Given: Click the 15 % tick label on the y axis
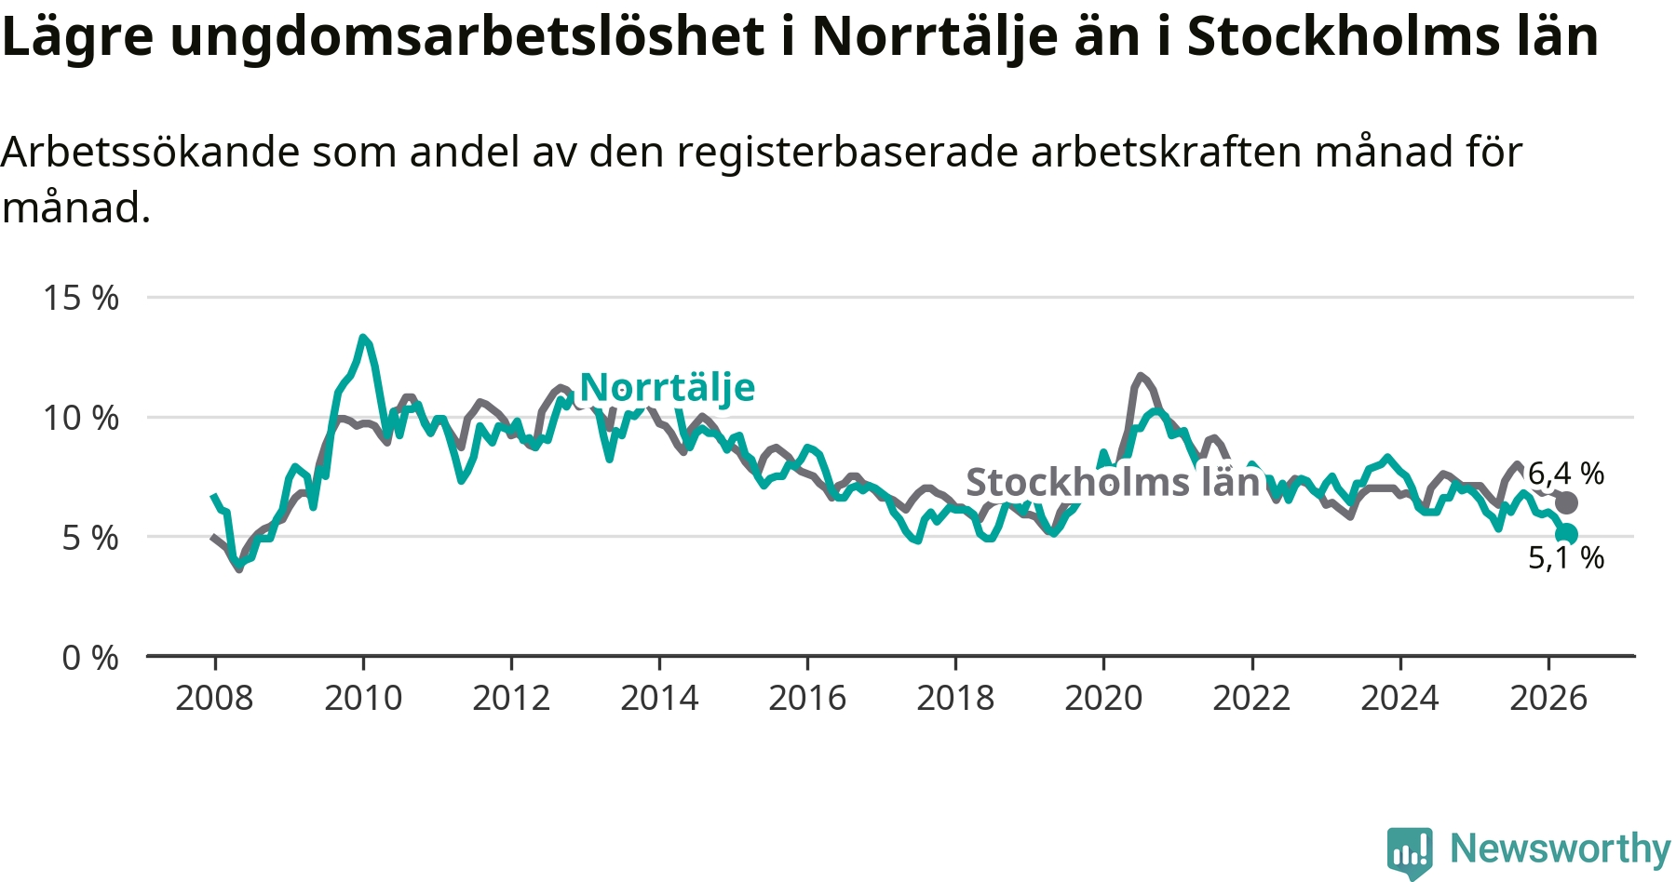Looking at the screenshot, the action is (81, 298).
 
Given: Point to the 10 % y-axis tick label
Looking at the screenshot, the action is (81, 418).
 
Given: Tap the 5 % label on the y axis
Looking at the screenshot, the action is (90, 538).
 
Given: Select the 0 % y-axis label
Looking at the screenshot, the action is (90, 658).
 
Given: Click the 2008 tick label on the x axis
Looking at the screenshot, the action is (214, 698).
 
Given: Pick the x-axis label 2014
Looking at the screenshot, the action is (659, 698).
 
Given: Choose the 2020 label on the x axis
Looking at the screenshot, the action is (1103, 698).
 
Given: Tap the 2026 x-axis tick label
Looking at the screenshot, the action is (1548, 698).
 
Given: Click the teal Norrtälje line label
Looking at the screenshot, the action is (667, 388).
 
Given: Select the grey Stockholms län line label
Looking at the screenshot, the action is (1113, 483).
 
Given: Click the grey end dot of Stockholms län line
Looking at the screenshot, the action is (1567, 503).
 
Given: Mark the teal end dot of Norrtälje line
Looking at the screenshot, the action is (1567, 534).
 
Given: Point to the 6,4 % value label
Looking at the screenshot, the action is (1566, 474).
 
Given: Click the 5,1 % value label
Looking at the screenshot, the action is (1566, 557).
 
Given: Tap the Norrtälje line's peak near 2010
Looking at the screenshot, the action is (363, 338).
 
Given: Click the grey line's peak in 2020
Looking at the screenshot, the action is (1141, 376).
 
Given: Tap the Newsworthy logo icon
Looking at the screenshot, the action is (1410, 852).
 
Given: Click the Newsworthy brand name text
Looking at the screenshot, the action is (1561, 849).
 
